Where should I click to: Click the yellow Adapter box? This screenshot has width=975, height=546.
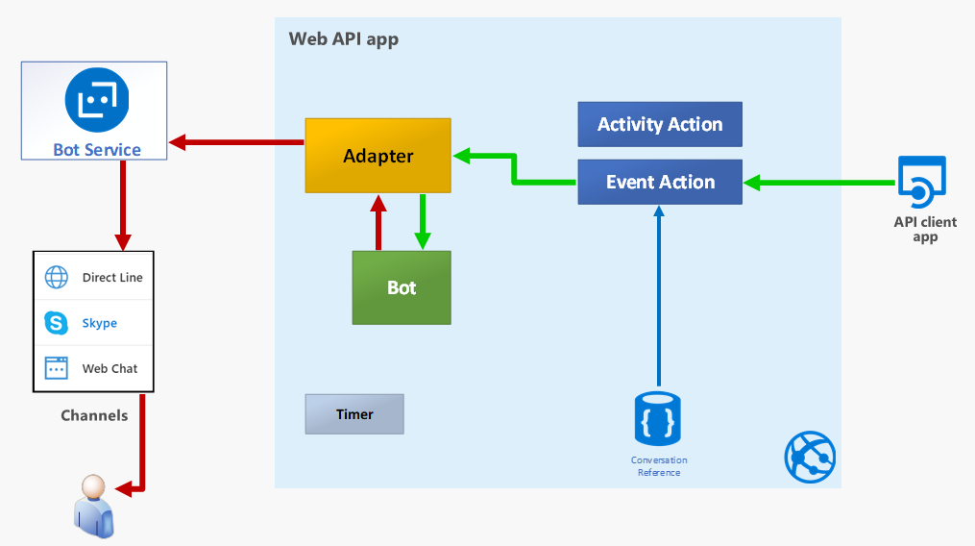378,156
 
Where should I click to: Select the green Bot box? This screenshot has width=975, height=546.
402,287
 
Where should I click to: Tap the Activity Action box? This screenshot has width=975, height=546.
660,125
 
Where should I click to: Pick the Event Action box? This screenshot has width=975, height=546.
660,182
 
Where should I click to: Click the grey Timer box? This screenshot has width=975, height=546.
354,414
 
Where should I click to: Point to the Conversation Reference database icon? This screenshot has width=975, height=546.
657,418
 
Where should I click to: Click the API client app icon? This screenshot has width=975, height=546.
921,182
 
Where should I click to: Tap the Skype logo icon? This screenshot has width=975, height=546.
56,322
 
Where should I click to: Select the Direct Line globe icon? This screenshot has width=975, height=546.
57,277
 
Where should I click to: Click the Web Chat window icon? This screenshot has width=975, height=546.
57,368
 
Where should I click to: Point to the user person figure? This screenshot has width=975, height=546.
94,507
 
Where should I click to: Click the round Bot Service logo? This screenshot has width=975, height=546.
97,100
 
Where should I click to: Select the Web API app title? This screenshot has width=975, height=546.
344,39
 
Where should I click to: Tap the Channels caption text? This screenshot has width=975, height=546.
94,415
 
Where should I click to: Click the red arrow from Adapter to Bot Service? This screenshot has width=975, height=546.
236,142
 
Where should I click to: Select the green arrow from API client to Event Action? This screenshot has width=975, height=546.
819,183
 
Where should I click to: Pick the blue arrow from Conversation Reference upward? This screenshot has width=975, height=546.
659,296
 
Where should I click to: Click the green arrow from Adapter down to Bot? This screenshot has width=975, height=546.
423,222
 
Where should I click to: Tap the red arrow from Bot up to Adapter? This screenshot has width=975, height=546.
378,222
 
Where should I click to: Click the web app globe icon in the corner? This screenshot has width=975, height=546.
810,457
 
